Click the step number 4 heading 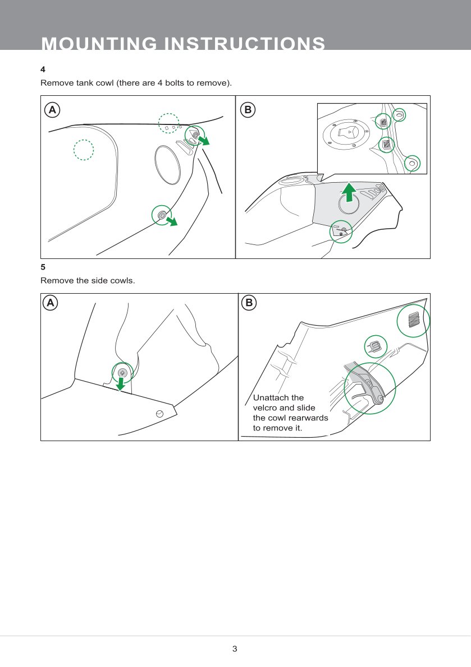pyautogui.click(x=43, y=70)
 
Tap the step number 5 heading pyautogui.click(x=43, y=267)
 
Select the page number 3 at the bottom pyautogui.click(x=235, y=649)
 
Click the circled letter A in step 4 pyautogui.click(x=52, y=110)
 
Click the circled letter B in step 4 pyautogui.click(x=248, y=110)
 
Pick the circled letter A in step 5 pyautogui.click(x=51, y=303)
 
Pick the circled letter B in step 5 pyautogui.click(x=249, y=303)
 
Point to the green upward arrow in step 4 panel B pyautogui.click(x=349, y=192)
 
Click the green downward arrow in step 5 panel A pyautogui.click(x=121, y=384)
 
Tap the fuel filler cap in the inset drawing pyautogui.click(x=345, y=133)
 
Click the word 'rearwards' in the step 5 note pyautogui.click(x=309, y=418)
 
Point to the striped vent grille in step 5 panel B pyautogui.click(x=413, y=320)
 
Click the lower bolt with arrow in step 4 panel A pyautogui.click(x=162, y=215)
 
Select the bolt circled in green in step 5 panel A pyautogui.click(x=122, y=373)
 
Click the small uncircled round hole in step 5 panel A pyautogui.click(x=159, y=414)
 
